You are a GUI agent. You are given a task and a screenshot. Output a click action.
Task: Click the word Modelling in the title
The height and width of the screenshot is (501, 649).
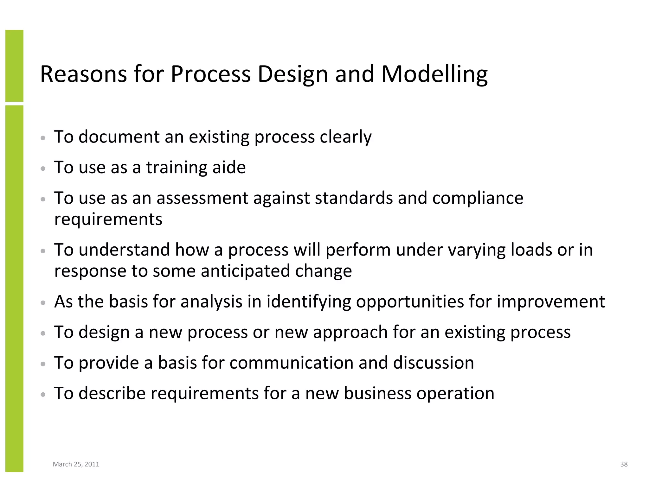point(434,75)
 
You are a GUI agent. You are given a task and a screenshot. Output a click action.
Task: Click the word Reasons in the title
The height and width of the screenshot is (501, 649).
point(83,74)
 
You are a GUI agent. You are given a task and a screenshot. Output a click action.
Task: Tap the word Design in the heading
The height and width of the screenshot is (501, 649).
point(292,75)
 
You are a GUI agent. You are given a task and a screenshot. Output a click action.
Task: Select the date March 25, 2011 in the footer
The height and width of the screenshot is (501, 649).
point(76,464)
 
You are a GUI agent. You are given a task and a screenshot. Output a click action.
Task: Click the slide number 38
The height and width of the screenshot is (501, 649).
point(624,464)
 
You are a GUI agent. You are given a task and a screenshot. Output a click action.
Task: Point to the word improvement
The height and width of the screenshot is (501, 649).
point(550,301)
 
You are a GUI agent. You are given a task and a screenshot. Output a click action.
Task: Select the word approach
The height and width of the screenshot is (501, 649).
point(350,333)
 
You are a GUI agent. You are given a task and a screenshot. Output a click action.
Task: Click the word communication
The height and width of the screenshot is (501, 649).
point(291,363)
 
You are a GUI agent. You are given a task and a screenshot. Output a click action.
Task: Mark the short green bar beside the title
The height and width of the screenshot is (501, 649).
point(14,66)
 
